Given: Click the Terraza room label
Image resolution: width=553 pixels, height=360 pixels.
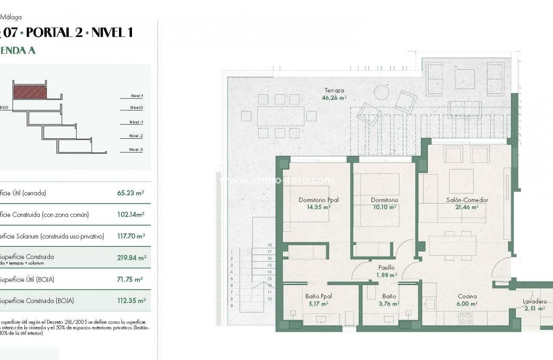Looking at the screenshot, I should (x=334, y=90).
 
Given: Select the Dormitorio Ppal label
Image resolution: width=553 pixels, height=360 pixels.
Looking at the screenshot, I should (x=318, y=200).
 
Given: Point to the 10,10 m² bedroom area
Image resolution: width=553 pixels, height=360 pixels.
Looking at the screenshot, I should (x=384, y=207).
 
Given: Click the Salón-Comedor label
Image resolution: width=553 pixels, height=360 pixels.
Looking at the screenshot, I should (x=467, y=200).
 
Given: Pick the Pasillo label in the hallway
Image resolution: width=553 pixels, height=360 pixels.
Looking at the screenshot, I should (x=386, y=267).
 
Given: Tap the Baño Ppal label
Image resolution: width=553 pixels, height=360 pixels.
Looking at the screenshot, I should (x=318, y=296).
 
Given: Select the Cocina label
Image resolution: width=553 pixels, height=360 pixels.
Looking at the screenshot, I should (x=467, y=296).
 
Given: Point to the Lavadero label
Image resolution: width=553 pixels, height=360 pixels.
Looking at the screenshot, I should (x=535, y=301).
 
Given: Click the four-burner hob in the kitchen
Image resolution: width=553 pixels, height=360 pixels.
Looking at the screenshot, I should (x=466, y=318).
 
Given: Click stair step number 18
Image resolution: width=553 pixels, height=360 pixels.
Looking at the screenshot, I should (x=269, y=245).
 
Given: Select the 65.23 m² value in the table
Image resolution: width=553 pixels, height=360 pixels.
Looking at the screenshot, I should (x=131, y=193).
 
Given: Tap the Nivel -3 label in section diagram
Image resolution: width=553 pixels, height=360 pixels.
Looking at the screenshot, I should (x=136, y=150).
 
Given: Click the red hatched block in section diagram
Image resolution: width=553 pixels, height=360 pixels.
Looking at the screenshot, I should (x=30, y=92).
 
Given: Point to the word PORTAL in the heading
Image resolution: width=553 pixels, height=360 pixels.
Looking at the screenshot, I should (x=49, y=33).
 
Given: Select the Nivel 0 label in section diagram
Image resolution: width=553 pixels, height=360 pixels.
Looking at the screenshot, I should (x=137, y=108).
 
